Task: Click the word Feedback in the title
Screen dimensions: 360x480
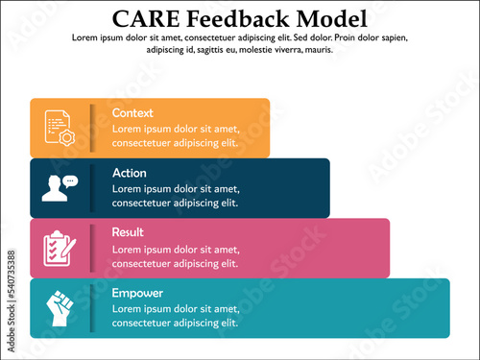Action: (238, 18)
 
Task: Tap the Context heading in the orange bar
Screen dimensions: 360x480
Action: (132, 113)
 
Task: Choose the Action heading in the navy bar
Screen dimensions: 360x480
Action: (130, 173)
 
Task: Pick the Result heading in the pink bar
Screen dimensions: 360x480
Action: (128, 232)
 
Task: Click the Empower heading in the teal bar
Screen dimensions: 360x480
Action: (137, 293)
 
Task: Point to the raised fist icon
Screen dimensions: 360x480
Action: (59, 307)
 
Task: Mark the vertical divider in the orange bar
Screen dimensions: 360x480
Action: (92, 128)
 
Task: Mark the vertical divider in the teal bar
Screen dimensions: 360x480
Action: (92, 307)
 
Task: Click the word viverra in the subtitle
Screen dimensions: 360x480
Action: (287, 49)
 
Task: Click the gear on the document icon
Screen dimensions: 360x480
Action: (66, 137)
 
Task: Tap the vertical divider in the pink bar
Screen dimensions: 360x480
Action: (92, 248)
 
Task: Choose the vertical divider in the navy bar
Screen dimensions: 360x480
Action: (92, 188)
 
